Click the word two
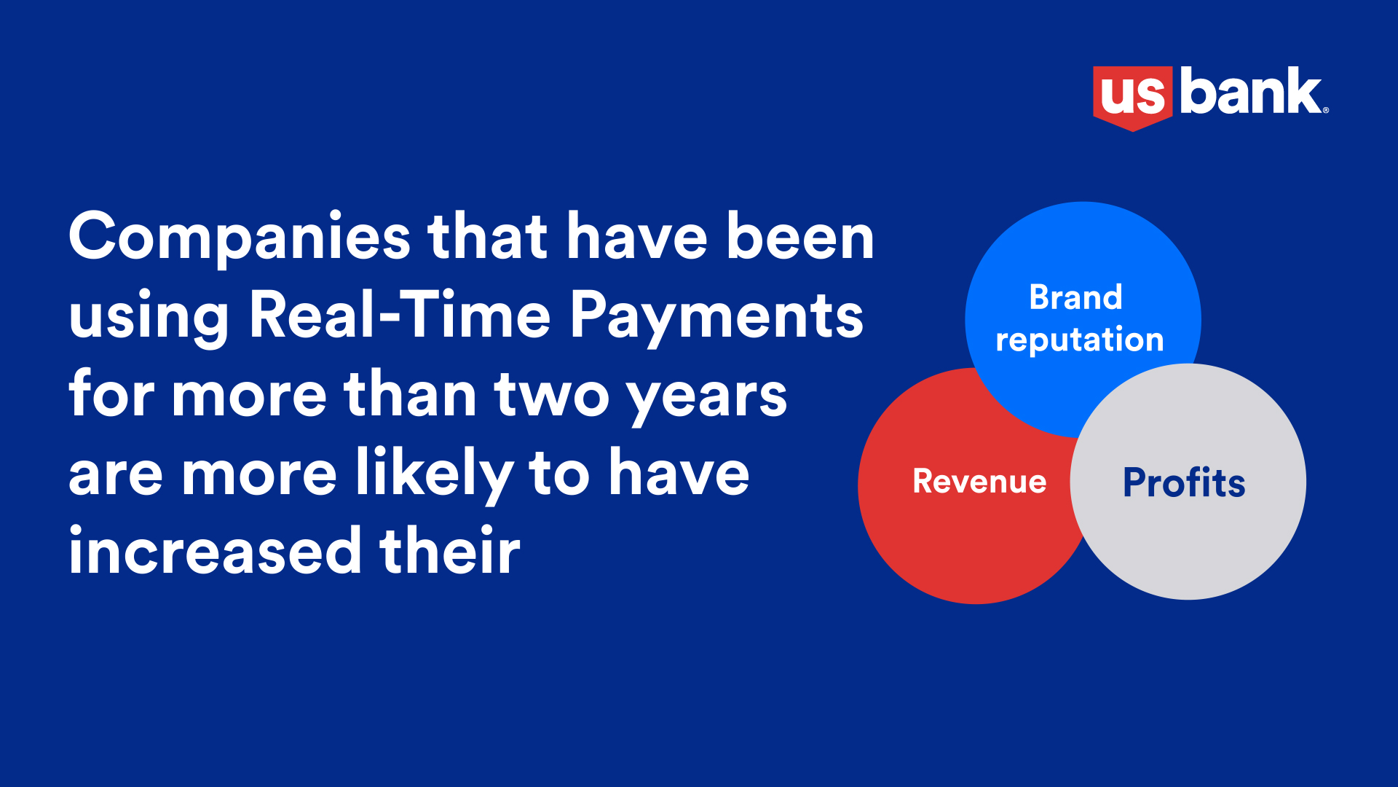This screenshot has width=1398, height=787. (x=551, y=397)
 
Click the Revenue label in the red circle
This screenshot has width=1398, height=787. (x=979, y=482)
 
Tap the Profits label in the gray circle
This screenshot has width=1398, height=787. (x=1184, y=482)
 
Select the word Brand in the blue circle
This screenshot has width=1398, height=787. (x=1075, y=297)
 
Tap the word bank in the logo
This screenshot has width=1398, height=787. (x=1250, y=91)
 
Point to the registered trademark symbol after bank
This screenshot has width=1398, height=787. (x=1326, y=110)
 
